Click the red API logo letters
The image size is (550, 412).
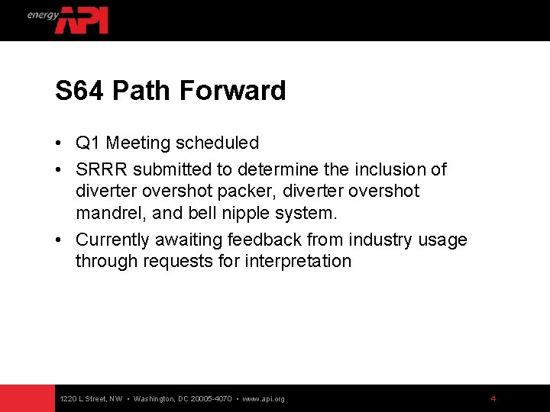[x=82, y=21]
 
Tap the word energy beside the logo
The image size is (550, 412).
[x=43, y=15]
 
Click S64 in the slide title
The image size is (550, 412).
[x=80, y=91]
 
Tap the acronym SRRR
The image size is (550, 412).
[x=102, y=169]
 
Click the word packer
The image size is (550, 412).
[x=242, y=191]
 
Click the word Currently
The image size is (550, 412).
[x=112, y=240]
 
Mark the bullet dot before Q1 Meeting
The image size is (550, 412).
[x=59, y=143]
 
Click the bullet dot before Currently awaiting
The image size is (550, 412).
[x=59, y=240]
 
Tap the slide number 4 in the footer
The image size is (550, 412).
[x=493, y=398]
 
